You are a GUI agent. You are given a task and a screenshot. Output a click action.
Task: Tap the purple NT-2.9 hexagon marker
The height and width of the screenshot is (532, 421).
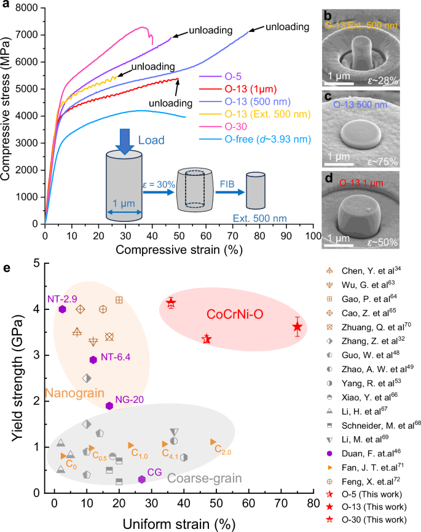(62, 309)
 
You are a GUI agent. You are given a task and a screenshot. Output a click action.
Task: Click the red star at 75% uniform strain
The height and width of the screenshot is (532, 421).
(297, 327)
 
